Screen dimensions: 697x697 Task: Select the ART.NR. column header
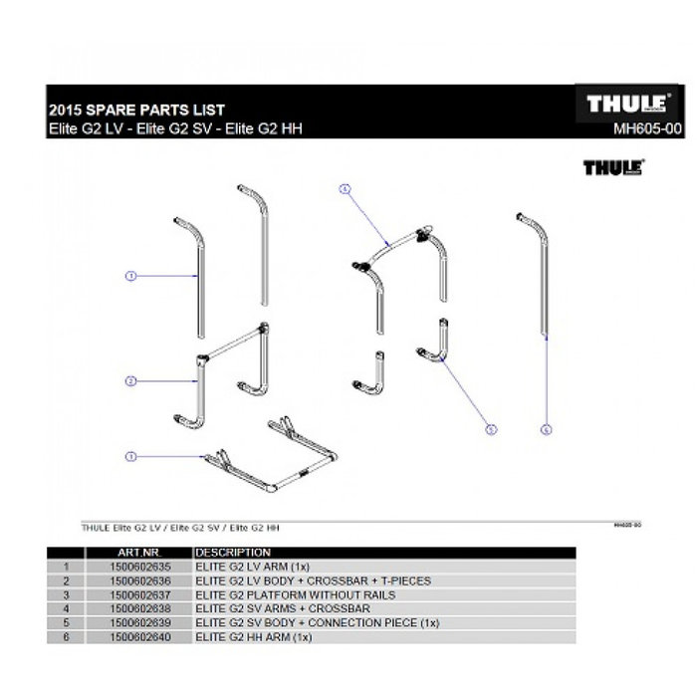click(x=138, y=552)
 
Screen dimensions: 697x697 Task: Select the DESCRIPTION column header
click(x=233, y=552)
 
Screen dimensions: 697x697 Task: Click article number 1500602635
click(x=138, y=566)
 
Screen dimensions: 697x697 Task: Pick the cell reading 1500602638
click(x=138, y=608)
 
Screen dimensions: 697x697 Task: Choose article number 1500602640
click(x=138, y=636)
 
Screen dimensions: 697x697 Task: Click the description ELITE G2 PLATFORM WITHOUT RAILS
click(x=295, y=594)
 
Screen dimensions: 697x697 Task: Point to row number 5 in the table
click(x=65, y=622)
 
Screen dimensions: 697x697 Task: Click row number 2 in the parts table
click(x=65, y=580)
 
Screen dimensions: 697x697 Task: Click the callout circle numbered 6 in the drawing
click(x=546, y=430)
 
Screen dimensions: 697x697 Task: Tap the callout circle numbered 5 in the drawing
click(x=490, y=430)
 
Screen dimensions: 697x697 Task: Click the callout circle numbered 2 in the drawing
click(x=129, y=380)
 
